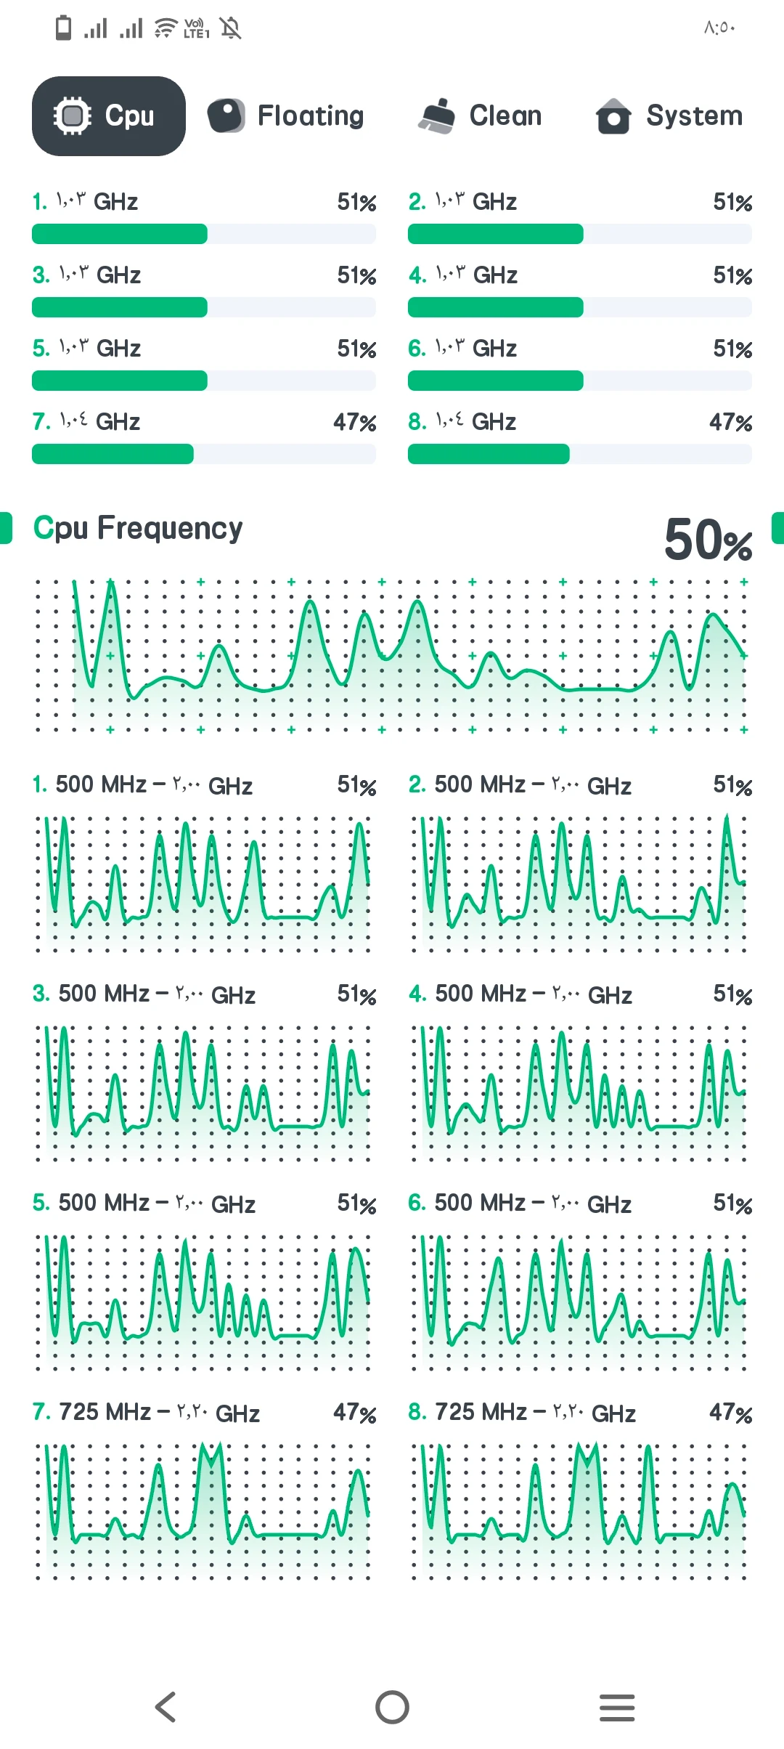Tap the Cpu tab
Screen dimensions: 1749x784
point(109,116)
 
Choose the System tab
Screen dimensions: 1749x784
point(669,116)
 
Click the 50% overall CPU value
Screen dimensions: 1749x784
point(708,540)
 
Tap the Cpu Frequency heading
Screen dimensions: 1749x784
point(138,528)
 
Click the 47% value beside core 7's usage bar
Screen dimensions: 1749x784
point(354,422)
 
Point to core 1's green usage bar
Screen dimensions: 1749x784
point(120,234)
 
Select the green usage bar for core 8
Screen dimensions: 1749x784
point(489,454)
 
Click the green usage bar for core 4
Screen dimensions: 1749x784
point(496,307)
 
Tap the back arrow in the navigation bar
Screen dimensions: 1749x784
point(166,1707)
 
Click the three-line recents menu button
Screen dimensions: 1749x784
point(617,1707)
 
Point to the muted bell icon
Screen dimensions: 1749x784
point(231,28)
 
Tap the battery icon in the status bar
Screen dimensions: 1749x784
point(64,28)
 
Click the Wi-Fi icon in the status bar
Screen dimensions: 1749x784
point(166,28)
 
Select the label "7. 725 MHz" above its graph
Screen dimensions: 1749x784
point(91,1412)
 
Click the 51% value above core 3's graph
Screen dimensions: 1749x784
point(356,994)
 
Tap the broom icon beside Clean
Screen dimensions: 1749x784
point(436,116)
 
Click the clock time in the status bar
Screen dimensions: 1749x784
point(719,28)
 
